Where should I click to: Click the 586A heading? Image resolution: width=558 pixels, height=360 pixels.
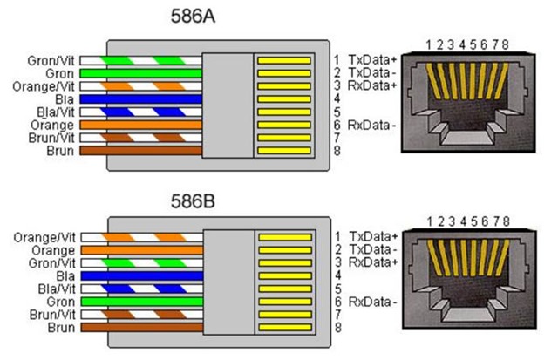193,17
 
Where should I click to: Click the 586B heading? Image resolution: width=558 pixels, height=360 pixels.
193,201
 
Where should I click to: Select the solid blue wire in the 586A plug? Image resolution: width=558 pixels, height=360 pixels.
141,98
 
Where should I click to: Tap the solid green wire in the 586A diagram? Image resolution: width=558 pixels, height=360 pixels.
141,73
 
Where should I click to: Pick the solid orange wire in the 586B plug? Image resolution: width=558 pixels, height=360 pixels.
142,250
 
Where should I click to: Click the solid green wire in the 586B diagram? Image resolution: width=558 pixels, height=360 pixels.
142,302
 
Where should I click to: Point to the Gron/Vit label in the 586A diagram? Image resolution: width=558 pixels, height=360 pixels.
51,61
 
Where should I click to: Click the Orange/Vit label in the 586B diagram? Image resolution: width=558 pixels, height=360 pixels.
44,237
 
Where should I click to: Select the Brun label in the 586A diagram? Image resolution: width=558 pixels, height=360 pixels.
60,151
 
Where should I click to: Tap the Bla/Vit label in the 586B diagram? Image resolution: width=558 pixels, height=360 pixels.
57,289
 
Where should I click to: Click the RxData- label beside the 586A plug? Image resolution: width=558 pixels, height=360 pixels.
372,126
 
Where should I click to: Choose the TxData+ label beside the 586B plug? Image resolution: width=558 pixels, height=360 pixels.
373,236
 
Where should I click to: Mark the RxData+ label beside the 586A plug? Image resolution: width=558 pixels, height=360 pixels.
372,85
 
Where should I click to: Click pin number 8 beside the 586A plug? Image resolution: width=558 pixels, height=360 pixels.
337,151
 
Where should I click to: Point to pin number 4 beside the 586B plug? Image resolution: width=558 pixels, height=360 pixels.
338,275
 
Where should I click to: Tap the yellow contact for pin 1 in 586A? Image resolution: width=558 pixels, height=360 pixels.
284,60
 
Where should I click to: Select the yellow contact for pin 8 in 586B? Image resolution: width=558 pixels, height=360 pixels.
285,328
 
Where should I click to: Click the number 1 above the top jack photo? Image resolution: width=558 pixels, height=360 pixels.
429,44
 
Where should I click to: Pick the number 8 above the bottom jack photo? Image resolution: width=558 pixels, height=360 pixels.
506,221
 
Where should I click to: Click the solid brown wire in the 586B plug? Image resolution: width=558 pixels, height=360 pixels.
142,327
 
